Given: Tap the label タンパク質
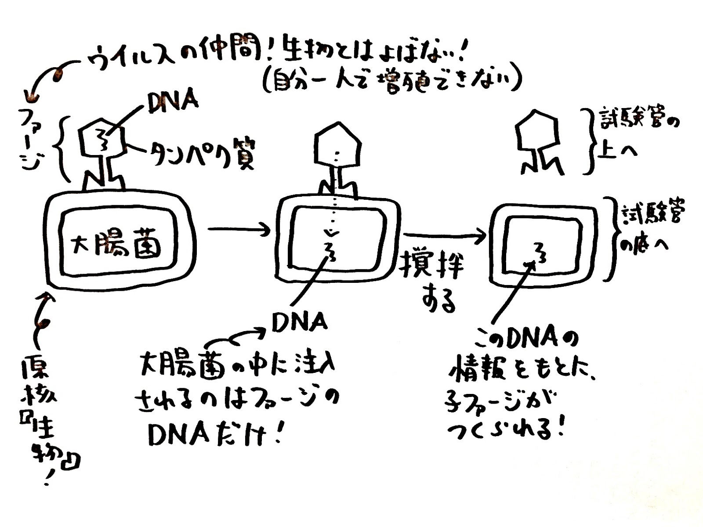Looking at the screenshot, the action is tap(202, 155).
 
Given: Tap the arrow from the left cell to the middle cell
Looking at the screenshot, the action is tap(239, 230).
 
